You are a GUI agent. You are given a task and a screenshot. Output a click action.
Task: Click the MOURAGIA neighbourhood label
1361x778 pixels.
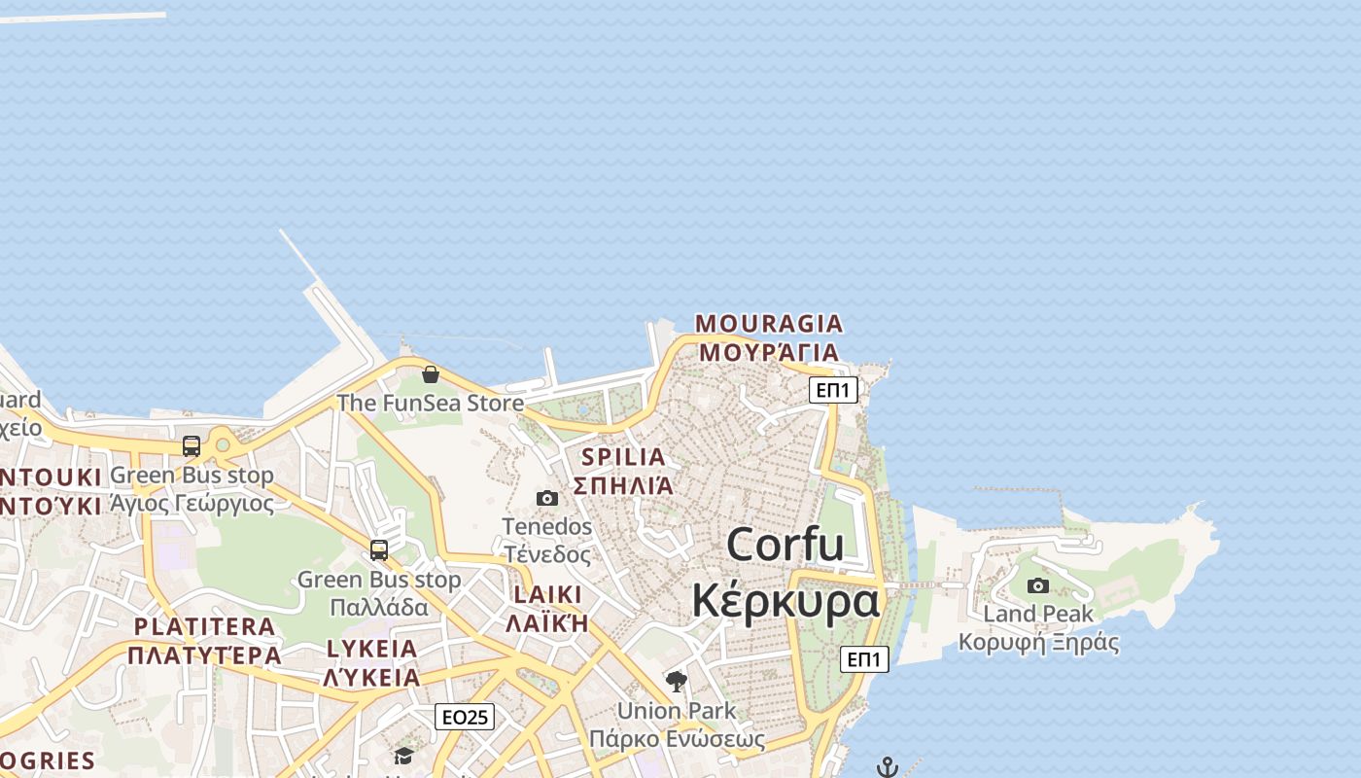tap(768, 324)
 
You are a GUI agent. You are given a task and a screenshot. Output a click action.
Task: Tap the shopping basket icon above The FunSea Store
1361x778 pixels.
tap(431, 374)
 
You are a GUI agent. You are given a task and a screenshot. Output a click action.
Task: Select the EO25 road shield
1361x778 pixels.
tap(465, 718)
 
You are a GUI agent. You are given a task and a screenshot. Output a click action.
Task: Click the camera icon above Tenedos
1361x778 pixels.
tap(547, 499)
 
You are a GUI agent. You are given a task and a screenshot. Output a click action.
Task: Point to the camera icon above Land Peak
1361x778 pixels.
tap(1038, 585)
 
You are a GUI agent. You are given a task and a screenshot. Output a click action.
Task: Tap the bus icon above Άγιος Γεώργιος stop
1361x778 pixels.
tap(192, 446)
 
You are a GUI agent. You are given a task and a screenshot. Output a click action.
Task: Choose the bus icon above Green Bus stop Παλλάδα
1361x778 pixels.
tap(379, 550)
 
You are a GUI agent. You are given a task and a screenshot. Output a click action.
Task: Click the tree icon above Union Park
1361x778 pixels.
tap(677, 682)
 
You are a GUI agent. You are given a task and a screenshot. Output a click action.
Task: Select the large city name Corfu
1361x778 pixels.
tap(785, 544)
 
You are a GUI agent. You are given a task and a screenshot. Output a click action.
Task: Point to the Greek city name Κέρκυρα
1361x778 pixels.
tap(785, 600)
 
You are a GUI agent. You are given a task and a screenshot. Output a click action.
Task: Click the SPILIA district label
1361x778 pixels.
tap(623, 457)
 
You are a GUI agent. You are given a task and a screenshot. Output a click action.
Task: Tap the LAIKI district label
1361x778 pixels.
tap(547, 595)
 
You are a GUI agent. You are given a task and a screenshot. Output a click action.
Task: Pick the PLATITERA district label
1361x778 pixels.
tap(204, 627)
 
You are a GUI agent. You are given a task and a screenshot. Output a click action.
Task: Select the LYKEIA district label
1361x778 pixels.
tap(371, 650)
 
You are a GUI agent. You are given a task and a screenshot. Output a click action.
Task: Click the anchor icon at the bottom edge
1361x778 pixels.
tap(887, 767)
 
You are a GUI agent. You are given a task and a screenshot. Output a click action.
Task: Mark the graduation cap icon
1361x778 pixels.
tap(403, 756)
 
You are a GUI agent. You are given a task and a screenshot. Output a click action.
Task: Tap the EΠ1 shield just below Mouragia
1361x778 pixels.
tap(833, 390)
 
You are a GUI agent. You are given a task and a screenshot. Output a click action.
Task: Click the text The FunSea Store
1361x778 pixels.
tap(430, 403)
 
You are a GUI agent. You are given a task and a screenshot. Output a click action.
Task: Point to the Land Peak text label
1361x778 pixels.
tap(1038, 614)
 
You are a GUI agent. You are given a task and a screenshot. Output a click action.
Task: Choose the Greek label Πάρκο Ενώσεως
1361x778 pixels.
tap(677, 739)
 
